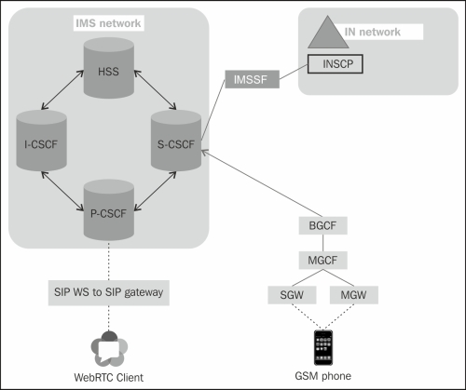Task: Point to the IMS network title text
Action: click(x=107, y=21)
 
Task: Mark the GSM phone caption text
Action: click(x=322, y=377)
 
